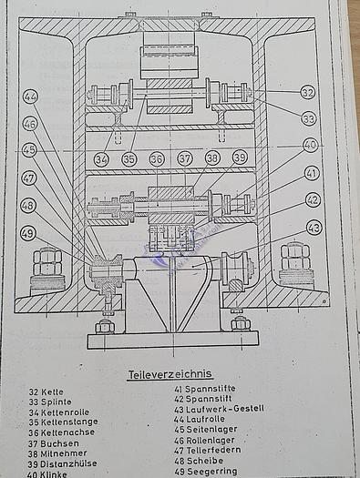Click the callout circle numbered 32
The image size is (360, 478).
pyautogui.click(x=308, y=92)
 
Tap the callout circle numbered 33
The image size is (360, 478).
pyautogui.click(x=308, y=118)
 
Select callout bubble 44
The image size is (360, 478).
pyautogui.click(x=30, y=96)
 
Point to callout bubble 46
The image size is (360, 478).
pyautogui.click(x=30, y=123)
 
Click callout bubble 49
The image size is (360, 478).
pyautogui.click(x=28, y=233)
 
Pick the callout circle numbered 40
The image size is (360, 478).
pyautogui.click(x=310, y=144)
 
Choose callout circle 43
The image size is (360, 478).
pyautogui.click(x=313, y=227)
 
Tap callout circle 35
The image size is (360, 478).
pyautogui.click(x=129, y=158)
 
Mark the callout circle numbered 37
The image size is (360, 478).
pyautogui.click(x=185, y=158)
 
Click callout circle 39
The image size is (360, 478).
pyautogui.click(x=240, y=158)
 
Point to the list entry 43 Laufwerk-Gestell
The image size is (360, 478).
pyautogui.click(x=218, y=408)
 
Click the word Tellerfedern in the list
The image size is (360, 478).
pyautogui.click(x=216, y=450)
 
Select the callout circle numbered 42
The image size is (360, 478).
pyautogui.click(x=313, y=199)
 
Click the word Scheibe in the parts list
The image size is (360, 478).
pyautogui.click(x=205, y=461)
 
